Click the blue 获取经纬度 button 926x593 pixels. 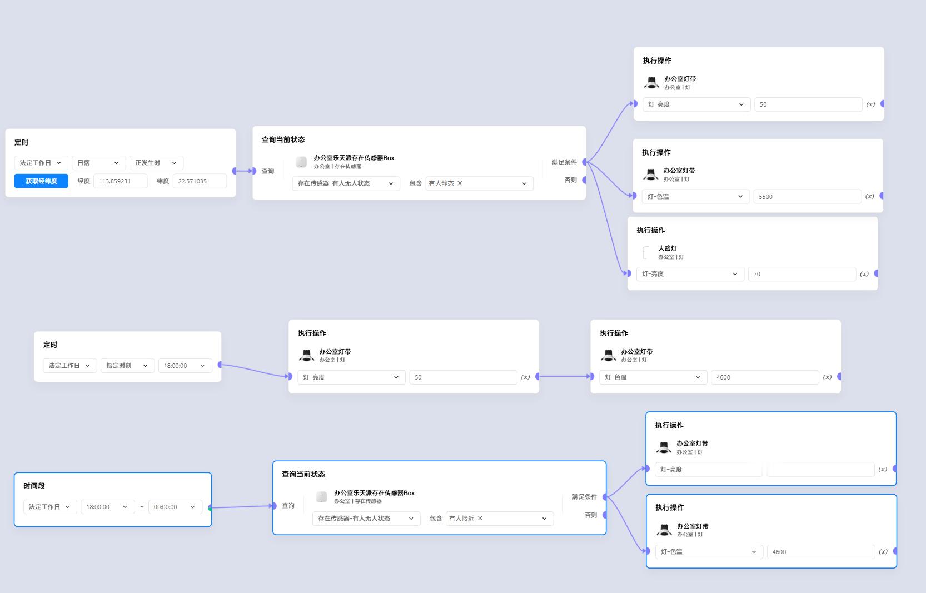point(41,181)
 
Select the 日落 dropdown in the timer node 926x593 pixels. point(98,163)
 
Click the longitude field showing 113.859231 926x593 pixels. point(120,181)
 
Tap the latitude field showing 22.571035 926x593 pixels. point(199,181)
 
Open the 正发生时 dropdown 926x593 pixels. point(156,163)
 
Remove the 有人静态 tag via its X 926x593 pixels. point(460,183)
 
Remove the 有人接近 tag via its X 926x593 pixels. point(480,519)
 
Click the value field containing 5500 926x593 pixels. point(807,197)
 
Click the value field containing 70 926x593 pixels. point(801,274)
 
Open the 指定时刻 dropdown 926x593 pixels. point(127,366)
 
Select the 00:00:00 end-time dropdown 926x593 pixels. point(175,507)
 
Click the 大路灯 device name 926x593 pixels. point(667,248)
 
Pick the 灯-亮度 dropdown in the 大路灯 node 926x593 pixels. point(690,274)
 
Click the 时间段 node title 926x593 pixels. point(34,486)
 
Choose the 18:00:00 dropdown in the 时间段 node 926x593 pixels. point(107,507)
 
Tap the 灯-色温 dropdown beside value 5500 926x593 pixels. point(695,197)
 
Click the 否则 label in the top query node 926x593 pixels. point(570,180)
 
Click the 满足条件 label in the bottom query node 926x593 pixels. point(584,497)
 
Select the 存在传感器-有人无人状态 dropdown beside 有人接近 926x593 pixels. point(366,519)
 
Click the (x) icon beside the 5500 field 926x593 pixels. point(870,196)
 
